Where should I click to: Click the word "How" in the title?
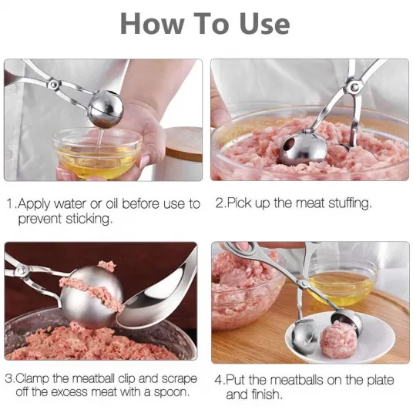point(152,24)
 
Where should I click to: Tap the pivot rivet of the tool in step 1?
point(55,84)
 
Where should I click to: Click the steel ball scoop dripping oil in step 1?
point(106,108)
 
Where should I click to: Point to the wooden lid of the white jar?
point(184,143)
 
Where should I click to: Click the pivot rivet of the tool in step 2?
point(354,86)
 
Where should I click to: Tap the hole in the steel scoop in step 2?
point(290,144)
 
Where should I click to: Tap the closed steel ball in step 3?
point(92,297)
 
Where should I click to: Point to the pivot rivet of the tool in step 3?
point(21,270)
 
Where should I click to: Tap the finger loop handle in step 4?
point(242,249)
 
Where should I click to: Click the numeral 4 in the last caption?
point(218,380)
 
